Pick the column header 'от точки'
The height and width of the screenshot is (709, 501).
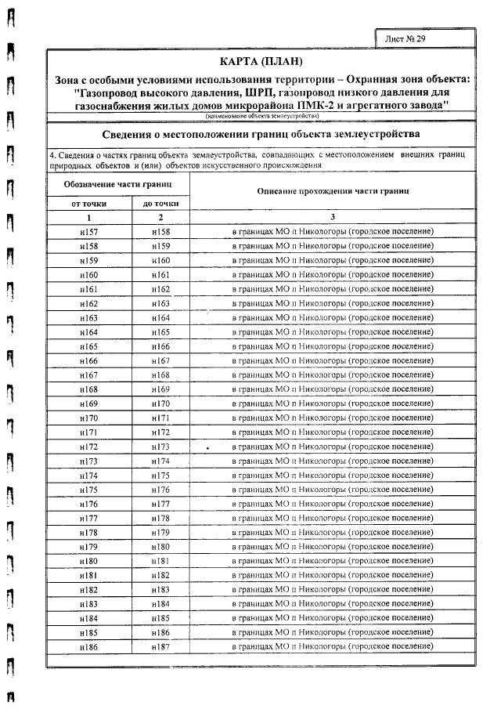(x=88, y=203)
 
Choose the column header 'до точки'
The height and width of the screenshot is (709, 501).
(x=160, y=203)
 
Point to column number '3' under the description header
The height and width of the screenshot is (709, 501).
(x=333, y=217)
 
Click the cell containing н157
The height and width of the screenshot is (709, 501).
(x=88, y=232)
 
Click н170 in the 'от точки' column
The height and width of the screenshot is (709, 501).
(x=88, y=418)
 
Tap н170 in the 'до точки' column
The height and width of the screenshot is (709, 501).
(x=160, y=403)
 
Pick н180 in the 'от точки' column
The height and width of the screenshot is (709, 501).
(x=88, y=561)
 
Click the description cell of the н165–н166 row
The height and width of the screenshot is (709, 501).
(x=333, y=346)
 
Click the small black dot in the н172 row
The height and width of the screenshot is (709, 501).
(x=207, y=447)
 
